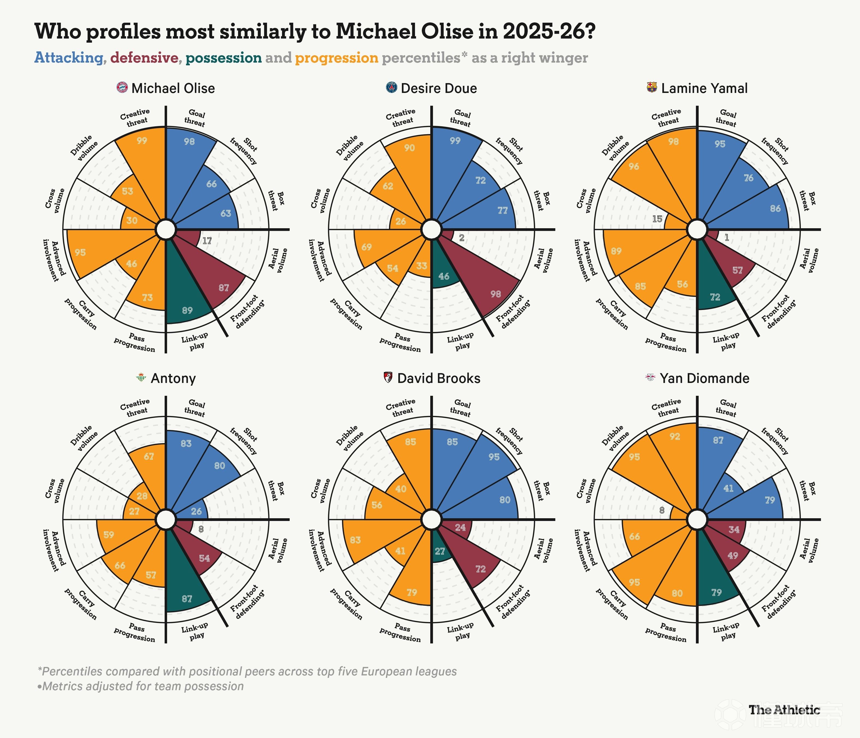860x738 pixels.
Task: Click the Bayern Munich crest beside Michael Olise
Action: tap(122, 88)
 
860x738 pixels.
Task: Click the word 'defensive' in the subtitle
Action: tap(144, 58)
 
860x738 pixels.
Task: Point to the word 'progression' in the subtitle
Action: tap(337, 58)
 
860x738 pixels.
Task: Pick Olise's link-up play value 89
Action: tap(187, 310)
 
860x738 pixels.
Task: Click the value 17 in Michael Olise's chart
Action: tap(207, 241)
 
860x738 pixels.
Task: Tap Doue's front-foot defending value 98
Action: tap(496, 294)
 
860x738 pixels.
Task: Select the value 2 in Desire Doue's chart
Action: tap(462, 238)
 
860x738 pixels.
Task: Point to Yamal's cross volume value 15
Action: tap(657, 219)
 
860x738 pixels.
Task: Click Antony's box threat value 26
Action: tap(196, 511)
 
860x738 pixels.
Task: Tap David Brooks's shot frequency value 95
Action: tap(494, 457)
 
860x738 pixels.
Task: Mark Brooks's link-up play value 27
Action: tap(440, 551)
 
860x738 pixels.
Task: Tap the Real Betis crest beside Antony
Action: tap(141, 378)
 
